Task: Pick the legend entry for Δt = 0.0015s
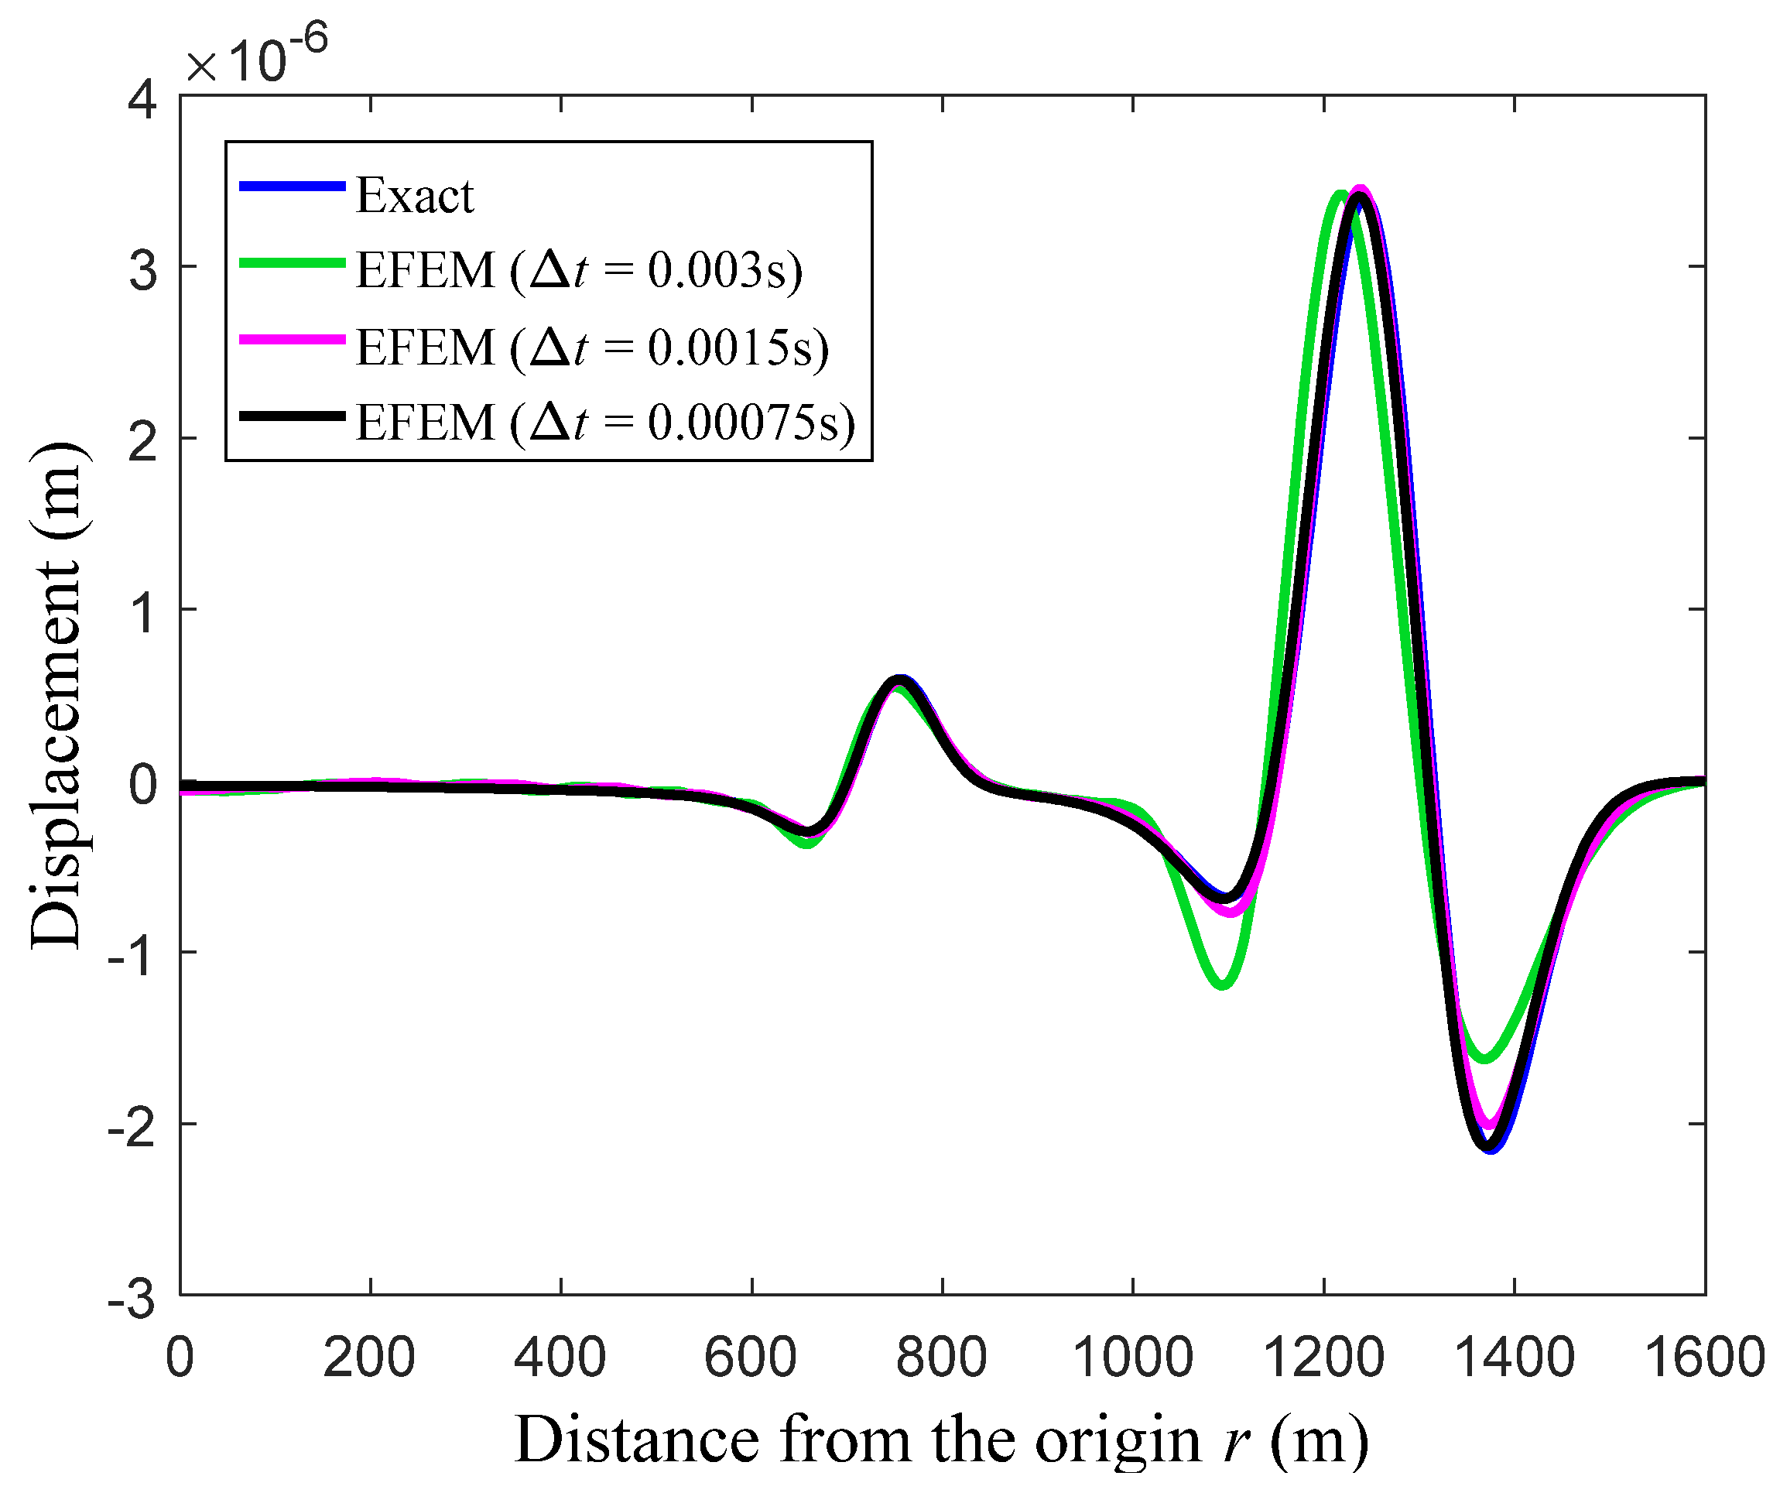[x=591, y=348]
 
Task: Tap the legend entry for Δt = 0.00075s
[x=605, y=423]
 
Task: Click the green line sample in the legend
[x=293, y=263]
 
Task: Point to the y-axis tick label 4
[x=142, y=100]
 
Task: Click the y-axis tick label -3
[x=132, y=1299]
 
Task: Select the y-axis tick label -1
[x=132, y=957]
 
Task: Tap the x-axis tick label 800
[x=941, y=1358]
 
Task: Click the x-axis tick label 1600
[x=1703, y=1358]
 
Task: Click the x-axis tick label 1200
[x=1323, y=1358]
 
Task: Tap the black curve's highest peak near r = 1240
[x=1360, y=197]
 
